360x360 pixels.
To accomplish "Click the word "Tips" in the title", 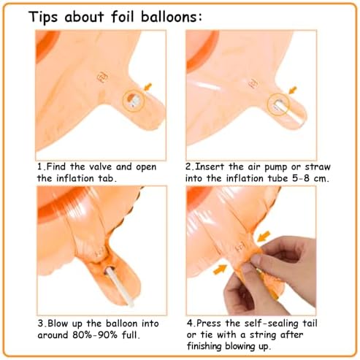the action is pyautogui.click(x=43, y=18).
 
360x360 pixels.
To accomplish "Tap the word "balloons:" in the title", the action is pyautogui.click(x=172, y=17).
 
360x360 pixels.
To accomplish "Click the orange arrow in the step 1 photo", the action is pyautogui.click(x=148, y=86).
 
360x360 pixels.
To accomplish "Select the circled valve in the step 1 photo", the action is pyautogui.click(x=134, y=101).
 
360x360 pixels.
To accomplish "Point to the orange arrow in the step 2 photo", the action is pyautogui.click(x=293, y=90).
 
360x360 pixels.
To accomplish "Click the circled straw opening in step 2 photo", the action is pyautogui.click(x=278, y=104).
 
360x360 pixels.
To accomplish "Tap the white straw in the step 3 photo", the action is pyautogui.click(x=120, y=286).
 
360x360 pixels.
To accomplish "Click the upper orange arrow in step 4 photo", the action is pyautogui.click(x=264, y=236).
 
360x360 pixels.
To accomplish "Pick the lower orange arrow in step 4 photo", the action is pyautogui.click(x=220, y=269).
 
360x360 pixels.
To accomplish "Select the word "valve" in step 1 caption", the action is pyautogui.click(x=101, y=167).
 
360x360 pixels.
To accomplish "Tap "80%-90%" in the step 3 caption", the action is pyautogui.click(x=95, y=335).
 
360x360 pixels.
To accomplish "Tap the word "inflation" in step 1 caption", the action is pyautogui.click(x=75, y=178).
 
